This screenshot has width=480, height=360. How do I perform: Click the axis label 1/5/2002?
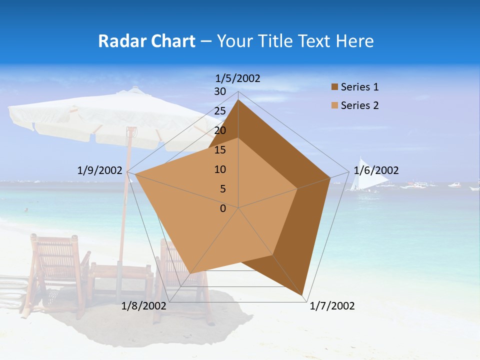tap(238, 78)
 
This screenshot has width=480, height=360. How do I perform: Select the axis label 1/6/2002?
tap(376, 170)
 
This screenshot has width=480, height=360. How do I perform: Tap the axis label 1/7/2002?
tap(332, 306)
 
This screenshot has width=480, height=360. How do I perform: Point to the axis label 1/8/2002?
tap(144, 306)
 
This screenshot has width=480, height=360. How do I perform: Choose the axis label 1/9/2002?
tap(99, 170)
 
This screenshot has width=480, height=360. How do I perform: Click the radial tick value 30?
tap(220, 91)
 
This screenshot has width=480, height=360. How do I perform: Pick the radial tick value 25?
tap(220, 111)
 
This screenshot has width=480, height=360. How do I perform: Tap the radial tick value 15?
tap(220, 150)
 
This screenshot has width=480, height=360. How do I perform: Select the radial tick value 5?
tap(222, 189)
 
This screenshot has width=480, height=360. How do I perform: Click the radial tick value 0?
tap(223, 208)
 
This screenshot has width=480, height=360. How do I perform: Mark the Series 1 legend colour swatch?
tap(334, 87)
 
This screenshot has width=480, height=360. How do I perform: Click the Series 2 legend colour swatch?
tap(334, 106)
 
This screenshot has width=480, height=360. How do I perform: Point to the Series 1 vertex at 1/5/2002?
tap(238, 100)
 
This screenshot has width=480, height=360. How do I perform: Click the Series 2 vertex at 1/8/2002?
tap(191, 273)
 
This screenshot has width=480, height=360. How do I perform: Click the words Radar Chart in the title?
tap(146, 41)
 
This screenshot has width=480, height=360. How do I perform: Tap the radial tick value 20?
tap(220, 130)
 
